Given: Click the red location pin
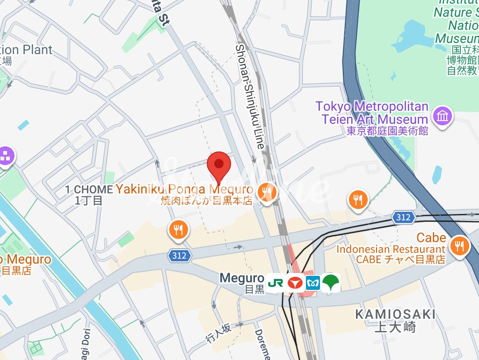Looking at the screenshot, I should pos(219,165).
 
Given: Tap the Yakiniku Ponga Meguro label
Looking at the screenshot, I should pos(184,189).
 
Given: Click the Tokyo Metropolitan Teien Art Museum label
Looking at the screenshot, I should pos(372,113).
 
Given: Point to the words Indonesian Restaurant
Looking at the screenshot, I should pos(391,249).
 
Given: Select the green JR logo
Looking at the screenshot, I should pos(276,283).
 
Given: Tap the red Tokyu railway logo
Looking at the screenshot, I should pos(294,283).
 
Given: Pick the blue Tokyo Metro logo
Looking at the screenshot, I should pos(312,283).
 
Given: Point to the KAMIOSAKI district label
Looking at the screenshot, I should pos(395,314).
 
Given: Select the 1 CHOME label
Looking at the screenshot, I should pos(88,189).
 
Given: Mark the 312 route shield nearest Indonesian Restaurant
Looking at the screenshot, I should pos(403,217).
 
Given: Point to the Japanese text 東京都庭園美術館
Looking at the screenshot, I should pos(387,131).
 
